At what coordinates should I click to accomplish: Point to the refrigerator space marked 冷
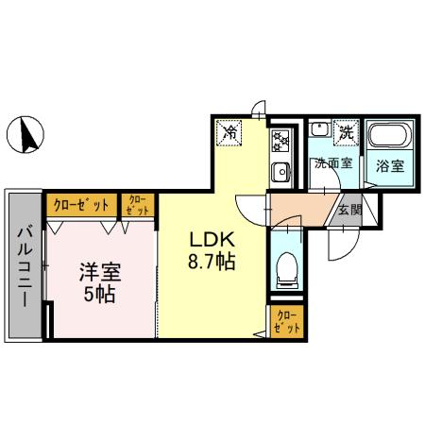229,133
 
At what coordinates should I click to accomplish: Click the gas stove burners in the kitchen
280,142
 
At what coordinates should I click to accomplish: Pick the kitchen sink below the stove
280,171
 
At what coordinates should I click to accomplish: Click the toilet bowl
285,269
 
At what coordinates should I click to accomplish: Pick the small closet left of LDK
138,205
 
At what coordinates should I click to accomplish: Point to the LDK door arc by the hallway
247,208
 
